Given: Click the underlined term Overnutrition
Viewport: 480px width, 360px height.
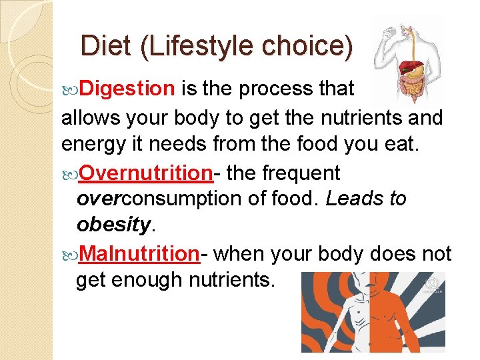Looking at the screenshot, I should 146,173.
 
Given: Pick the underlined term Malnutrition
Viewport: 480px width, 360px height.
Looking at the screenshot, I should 139,253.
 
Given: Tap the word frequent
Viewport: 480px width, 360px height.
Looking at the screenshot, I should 301,173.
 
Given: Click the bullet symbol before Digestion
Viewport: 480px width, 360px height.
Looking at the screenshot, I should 72,89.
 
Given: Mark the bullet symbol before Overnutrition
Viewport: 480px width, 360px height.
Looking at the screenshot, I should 71,173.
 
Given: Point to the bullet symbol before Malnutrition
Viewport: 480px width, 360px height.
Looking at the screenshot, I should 71,254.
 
